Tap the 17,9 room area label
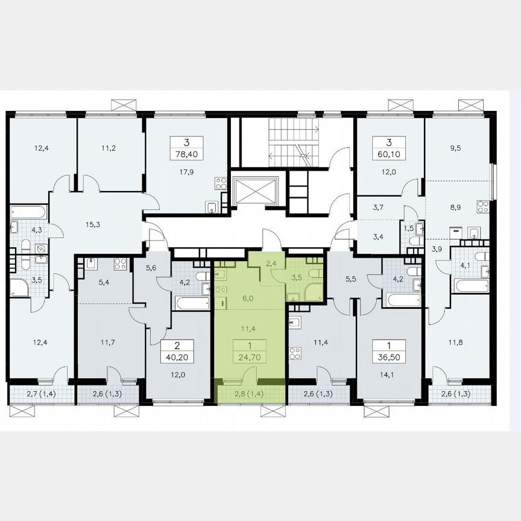point(187,171)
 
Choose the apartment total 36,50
point(390,356)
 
